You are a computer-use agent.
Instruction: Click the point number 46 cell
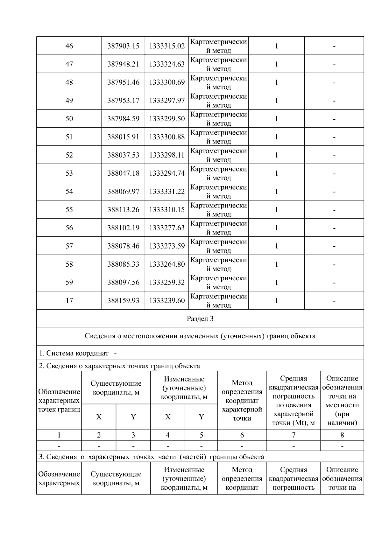click(x=69, y=46)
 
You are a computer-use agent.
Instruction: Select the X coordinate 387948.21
click(x=123, y=64)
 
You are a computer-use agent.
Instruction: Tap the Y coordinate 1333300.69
click(x=167, y=82)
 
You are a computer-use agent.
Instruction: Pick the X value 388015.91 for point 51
click(x=123, y=137)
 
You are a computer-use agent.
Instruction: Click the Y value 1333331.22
click(x=167, y=191)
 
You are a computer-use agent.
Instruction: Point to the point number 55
click(x=69, y=209)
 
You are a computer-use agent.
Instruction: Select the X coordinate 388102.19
click(x=123, y=228)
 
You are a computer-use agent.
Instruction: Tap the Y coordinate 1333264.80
click(x=167, y=264)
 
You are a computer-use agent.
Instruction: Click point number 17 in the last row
click(x=69, y=300)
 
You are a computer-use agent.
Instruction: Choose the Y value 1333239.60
click(x=167, y=300)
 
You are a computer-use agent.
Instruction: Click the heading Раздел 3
click(x=200, y=319)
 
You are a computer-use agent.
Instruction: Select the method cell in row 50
click(x=218, y=119)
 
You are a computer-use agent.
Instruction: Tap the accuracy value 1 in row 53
click(x=276, y=173)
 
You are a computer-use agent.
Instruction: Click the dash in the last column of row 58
click(x=334, y=264)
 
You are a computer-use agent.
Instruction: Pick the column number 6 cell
click(x=242, y=435)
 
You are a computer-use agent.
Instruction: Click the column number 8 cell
click(x=342, y=435)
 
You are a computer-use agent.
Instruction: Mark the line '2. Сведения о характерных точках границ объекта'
click(x=119, y=366)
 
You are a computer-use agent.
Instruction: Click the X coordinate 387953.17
click(x=123, y=101)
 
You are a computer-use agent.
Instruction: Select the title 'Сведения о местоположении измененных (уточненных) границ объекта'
click(x=200, y=336)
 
